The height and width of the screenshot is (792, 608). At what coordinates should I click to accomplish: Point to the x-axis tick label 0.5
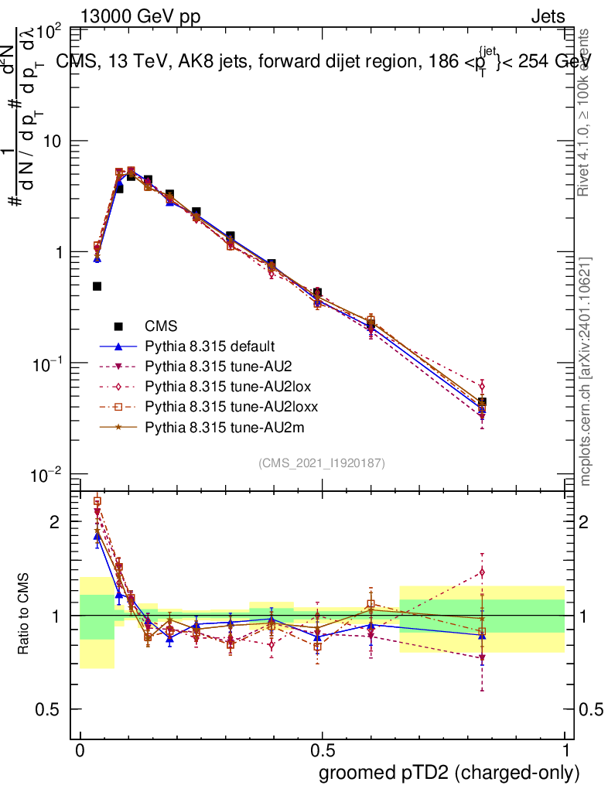click(322, 751)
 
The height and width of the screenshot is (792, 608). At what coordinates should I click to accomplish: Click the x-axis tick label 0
click(80, 751)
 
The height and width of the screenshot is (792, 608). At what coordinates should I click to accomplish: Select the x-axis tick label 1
click(565, 751)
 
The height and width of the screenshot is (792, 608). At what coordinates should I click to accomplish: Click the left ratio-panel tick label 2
click(54, 521)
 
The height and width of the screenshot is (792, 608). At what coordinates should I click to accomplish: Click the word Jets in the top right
click(548, 17)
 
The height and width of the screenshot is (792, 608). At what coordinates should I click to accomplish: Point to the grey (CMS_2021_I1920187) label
click(322, 463)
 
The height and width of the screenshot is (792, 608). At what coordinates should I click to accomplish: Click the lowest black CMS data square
click(97, 286)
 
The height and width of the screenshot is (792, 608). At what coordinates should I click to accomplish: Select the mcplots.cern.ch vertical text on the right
click(586, 371)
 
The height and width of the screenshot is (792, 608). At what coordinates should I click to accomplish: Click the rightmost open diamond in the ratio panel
click(482, 572)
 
